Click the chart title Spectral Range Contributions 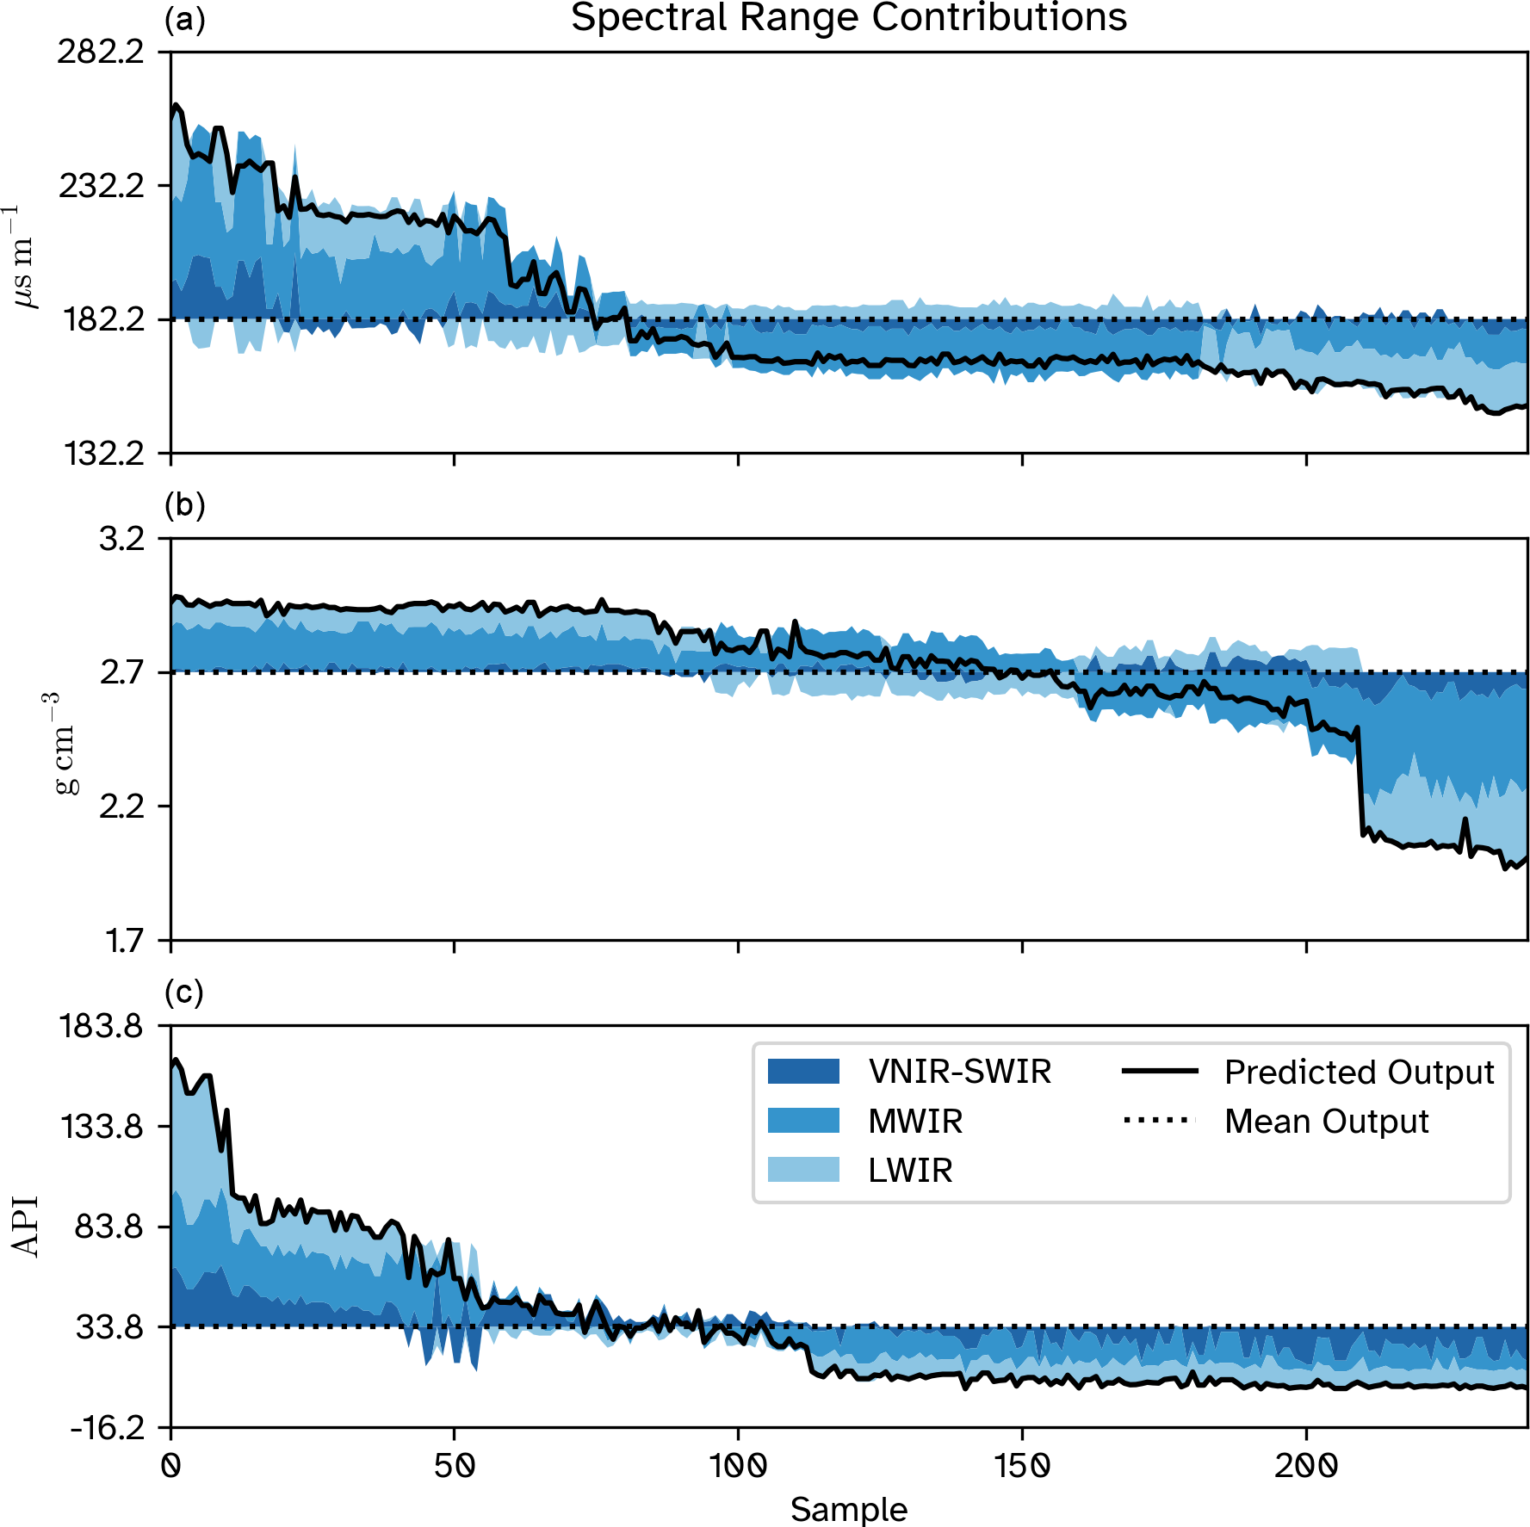click(849, 17)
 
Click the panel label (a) click(184, 19)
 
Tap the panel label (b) click(184, 504)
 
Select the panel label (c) click(184, 992)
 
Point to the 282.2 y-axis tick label click(101, 53)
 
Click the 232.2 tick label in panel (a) click(101, 186)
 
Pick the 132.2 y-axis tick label click(101, 454)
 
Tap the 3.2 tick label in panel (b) click(122, 540)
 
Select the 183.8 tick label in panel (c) click(101, 1026)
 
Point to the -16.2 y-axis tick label click(108, 1428)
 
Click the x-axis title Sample click(849, 1509)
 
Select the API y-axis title click(26, 1227)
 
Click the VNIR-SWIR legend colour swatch click(803, 1072)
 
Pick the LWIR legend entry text click(910, 1171)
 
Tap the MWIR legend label click(915, 1122)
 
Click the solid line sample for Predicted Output click(1160, 1072)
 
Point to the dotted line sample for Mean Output click(1160, 1121)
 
